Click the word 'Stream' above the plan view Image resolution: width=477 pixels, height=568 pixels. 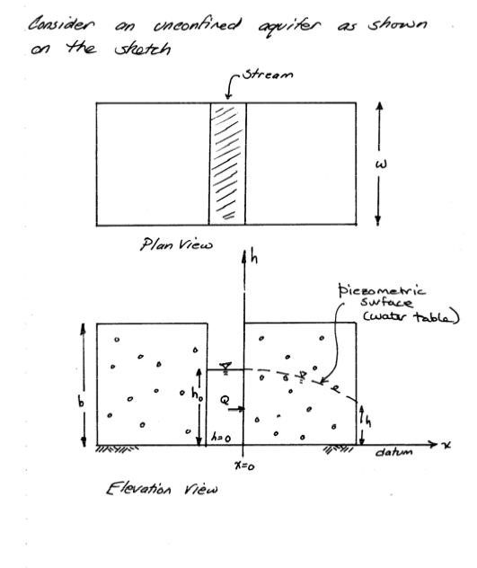[268, 75]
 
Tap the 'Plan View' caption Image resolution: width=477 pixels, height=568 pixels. [176, 244]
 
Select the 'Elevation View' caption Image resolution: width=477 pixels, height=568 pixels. [162, 489]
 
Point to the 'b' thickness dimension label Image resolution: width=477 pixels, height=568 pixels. [81, 401]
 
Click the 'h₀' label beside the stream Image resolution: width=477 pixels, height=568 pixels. [197, 394]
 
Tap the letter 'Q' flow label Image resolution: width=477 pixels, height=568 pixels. [225, 400]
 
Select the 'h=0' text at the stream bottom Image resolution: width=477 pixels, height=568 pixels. [221, 438]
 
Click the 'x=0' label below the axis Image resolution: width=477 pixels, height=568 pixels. [244, 466]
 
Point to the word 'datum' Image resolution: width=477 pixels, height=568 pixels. [393, 452]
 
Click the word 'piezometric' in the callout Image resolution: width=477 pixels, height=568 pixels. [382, 291]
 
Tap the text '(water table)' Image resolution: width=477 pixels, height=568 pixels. [411, 317]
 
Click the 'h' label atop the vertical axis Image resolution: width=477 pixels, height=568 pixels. [254, 258]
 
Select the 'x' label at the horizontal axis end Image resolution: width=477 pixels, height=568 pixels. [446, 445]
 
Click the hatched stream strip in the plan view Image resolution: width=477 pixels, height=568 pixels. [227, 164]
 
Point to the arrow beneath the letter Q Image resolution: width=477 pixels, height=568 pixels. [236, 409]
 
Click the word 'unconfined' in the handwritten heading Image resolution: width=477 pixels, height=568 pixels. [197, 25]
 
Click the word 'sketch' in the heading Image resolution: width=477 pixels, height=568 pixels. [142, 49]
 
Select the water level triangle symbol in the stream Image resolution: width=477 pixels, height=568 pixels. [225, 366]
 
